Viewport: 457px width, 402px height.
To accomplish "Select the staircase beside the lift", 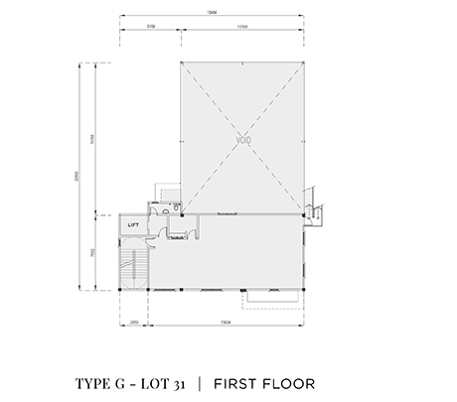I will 132,265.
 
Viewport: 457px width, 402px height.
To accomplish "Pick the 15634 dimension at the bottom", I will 226,323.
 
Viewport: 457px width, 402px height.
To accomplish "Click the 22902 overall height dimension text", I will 78,178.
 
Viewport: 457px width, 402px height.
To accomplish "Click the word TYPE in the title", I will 95,382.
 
